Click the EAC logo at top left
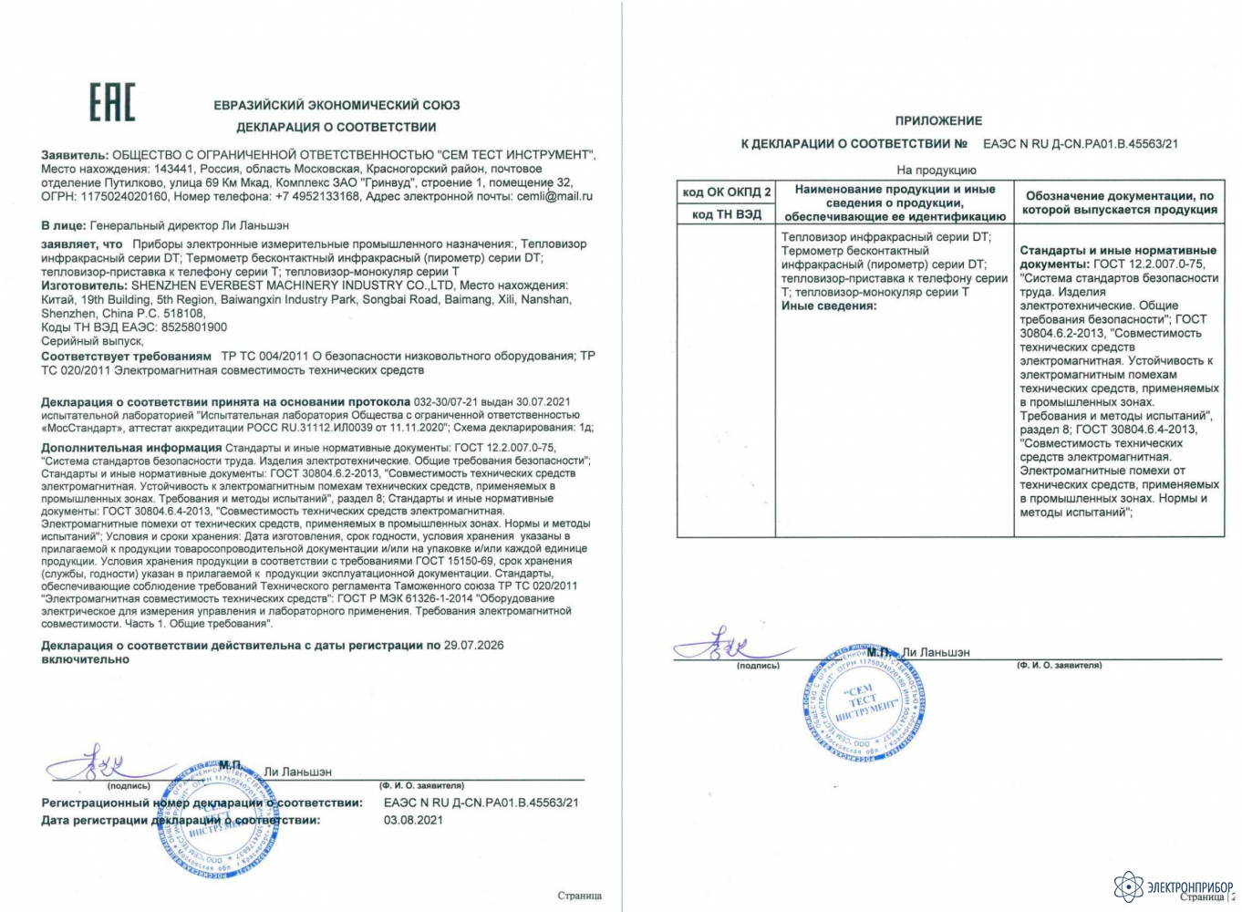[111, 102]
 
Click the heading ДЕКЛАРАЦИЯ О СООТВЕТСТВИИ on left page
[336, 127]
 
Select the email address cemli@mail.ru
[554, 196]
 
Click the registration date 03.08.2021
[413, 820]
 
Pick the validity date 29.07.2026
[473, 646]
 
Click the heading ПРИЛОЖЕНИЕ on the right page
[938, 120]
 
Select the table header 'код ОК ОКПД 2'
[726, 192]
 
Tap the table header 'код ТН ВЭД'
[726, 215]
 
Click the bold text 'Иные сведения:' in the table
[828, 306]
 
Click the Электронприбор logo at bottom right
[1174, 886]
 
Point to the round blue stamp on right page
[865, 704]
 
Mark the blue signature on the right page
[730, 645]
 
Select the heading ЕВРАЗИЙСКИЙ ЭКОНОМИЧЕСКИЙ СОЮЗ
[336, 105]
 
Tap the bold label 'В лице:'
[64, 225]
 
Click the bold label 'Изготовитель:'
[85, 285]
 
